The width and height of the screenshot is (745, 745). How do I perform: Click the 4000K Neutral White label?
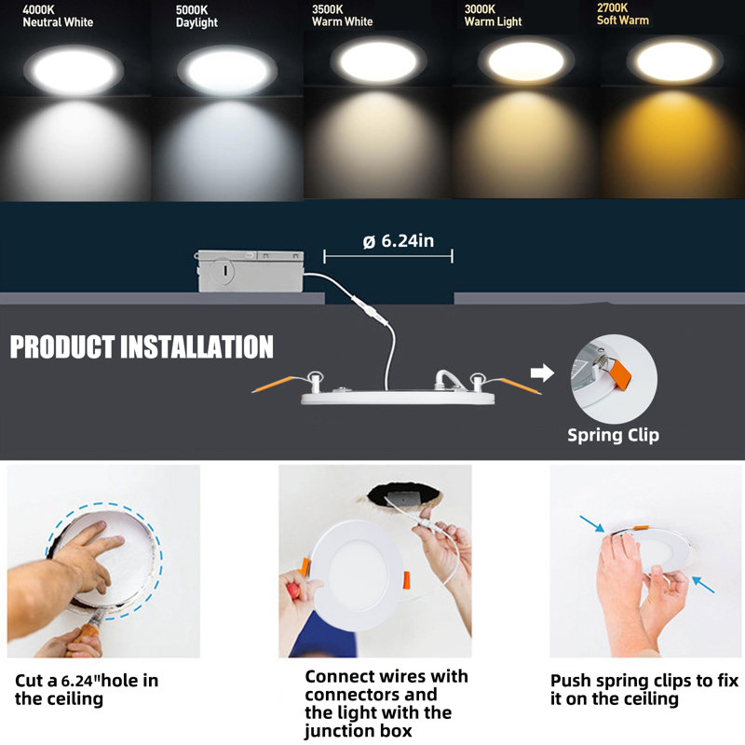click(x=51, y=17)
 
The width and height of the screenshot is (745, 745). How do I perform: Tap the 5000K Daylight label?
click(x=196, y=17)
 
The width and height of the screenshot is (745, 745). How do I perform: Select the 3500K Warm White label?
click(x=342, y=15)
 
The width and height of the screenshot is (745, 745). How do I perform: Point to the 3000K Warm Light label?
click(x=493, y=15)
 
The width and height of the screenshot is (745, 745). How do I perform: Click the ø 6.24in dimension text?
click(x=398, y=241)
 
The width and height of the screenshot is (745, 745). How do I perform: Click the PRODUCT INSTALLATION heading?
click(x=142, y=347)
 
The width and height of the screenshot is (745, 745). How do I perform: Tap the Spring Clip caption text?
click(x=613, y=435)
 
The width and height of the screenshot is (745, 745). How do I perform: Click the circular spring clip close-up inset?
click(x=613, y=378)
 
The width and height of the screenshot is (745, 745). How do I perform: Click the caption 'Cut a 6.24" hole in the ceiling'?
click(x=87, y=689)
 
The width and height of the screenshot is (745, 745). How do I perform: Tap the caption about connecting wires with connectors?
click(x=386, y=703)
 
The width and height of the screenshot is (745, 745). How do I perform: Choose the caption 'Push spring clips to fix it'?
click(x=643, y=689)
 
